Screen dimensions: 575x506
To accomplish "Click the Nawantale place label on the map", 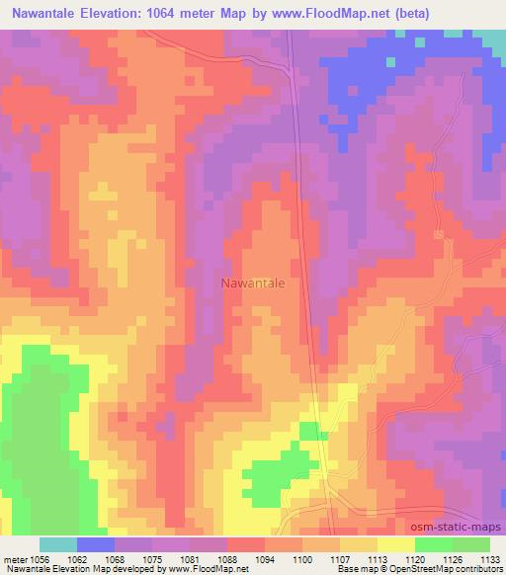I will (x=252, y=284).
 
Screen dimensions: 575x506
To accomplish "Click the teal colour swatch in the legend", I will (x=58, y=544).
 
